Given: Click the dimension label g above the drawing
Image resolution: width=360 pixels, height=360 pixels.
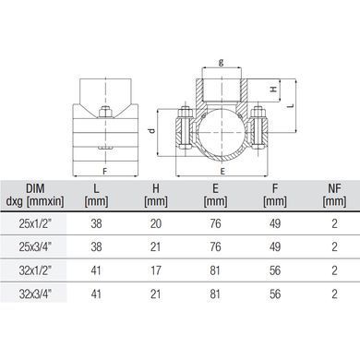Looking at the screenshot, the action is pos(221,62).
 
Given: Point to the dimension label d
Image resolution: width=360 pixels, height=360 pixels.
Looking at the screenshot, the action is pos(151,130).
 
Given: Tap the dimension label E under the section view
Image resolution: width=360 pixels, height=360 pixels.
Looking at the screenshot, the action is pos(222,172).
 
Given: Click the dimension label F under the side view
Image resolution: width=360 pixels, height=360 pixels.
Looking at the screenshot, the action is pos(105,172).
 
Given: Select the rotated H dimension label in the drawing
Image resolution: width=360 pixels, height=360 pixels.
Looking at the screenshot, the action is pos(273,90).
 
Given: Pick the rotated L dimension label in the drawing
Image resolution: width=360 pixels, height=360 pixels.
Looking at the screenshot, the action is pos(291,105).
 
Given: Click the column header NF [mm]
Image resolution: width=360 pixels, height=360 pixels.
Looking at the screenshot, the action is pos(334,195).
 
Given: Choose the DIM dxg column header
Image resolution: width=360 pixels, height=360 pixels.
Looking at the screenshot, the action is pos(35,195).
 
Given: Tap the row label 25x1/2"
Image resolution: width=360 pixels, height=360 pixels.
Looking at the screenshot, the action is pos(35,223).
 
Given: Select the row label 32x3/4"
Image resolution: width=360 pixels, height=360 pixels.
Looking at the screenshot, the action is pos(35,294).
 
